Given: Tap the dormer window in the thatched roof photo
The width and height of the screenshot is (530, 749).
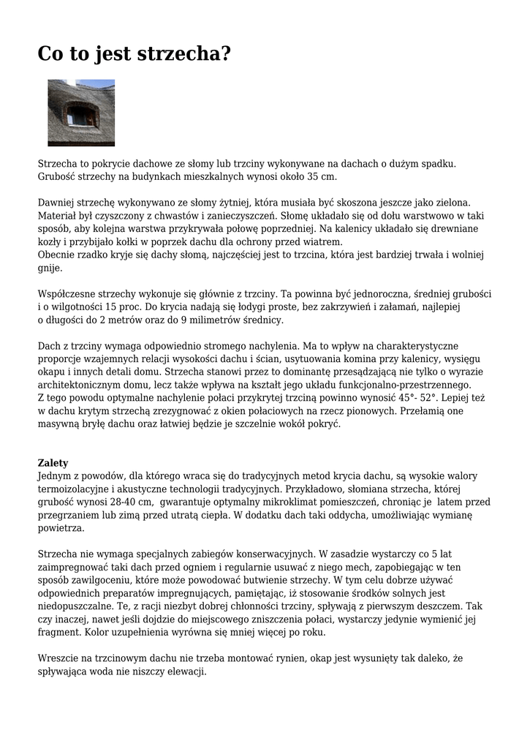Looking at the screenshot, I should tap(80, 116).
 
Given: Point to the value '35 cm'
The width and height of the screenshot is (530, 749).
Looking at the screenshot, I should tap(322, 177).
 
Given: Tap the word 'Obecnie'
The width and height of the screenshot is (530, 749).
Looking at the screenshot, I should tap(58, 255).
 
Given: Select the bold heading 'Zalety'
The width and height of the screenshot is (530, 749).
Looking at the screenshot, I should tap(53, 463).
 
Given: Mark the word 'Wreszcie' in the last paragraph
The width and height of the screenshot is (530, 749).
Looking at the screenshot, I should tap(59, 659).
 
